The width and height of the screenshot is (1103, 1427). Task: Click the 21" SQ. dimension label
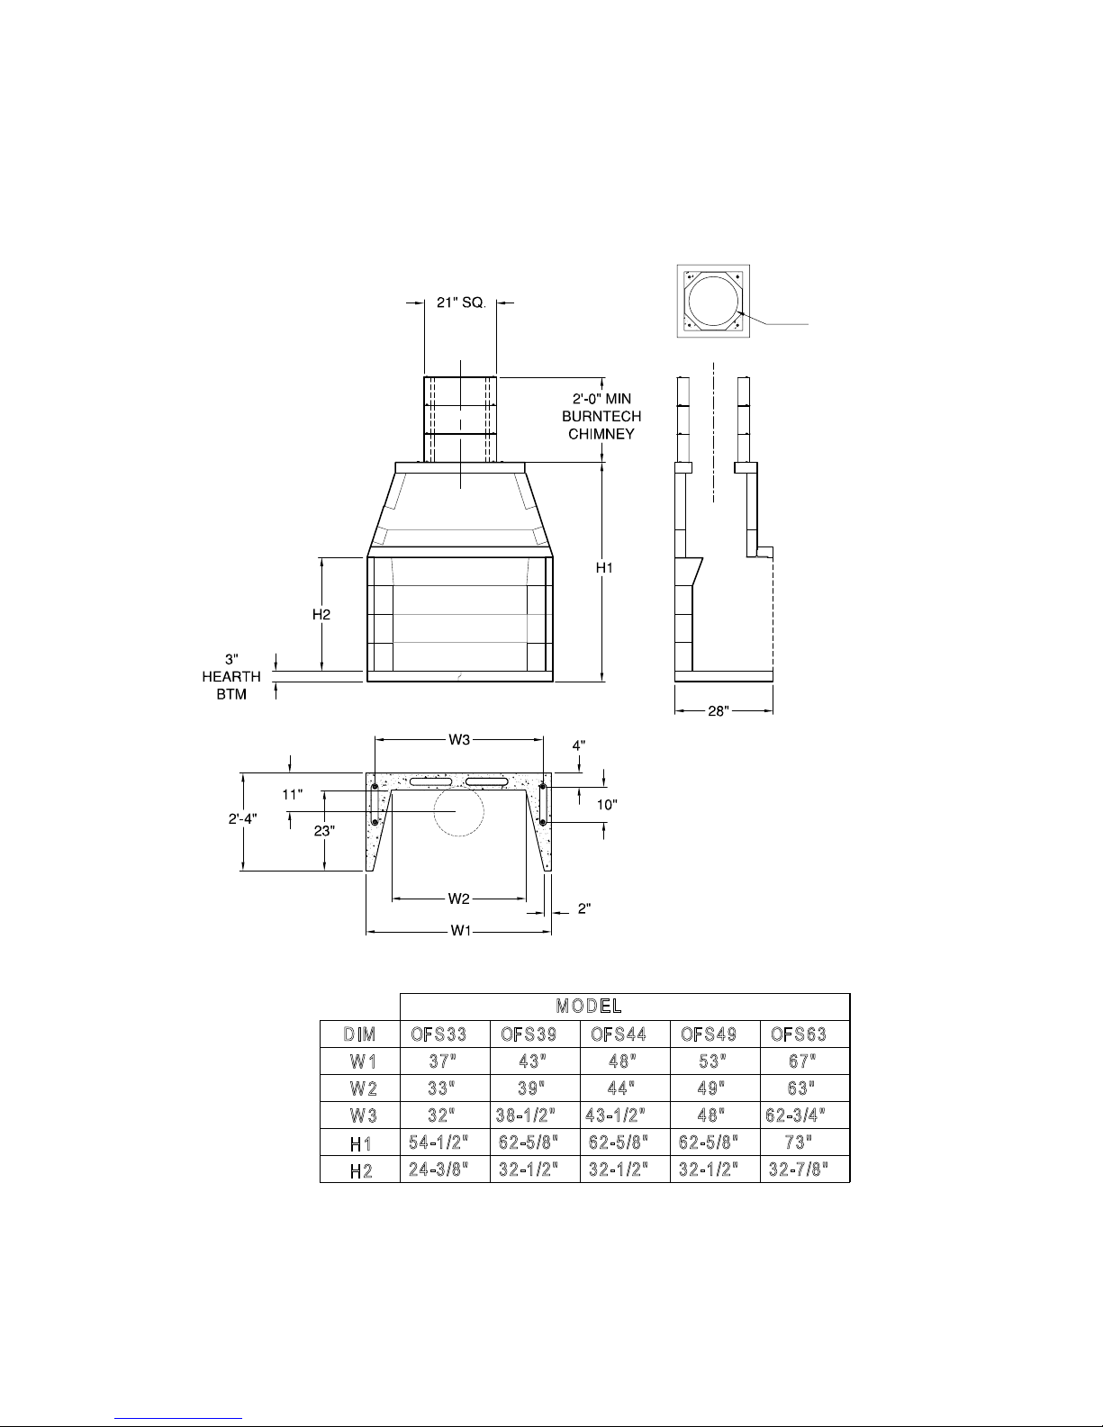click(461, 303)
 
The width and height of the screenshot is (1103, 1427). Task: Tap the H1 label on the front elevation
click(604, 568)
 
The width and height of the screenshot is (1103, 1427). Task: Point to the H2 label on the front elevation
click(321, 615)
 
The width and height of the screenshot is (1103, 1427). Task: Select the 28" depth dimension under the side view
click(719, 710)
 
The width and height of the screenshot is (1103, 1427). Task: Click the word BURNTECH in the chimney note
click(601, 416)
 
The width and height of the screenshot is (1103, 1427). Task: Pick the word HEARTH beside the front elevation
click(231, 676)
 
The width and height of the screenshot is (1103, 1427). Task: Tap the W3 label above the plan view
click(459, 739)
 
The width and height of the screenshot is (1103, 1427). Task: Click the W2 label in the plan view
click(459, 899)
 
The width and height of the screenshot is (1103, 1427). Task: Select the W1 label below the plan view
click(461, 931)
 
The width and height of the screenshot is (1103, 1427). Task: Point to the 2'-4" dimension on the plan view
click(242, 819)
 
